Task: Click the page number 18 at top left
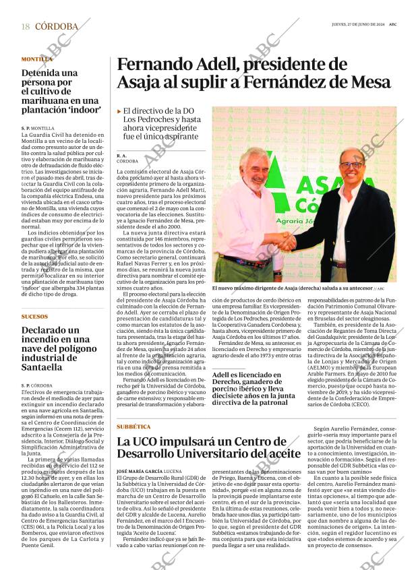pos(25,26)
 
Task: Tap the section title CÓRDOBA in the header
pos(56,26)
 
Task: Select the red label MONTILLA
pos(36,59)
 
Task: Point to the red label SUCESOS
pos(34,316)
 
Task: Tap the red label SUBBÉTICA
pos(133,427)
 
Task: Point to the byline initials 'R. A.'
pos(122,156)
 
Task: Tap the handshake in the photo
pos(287,241)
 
